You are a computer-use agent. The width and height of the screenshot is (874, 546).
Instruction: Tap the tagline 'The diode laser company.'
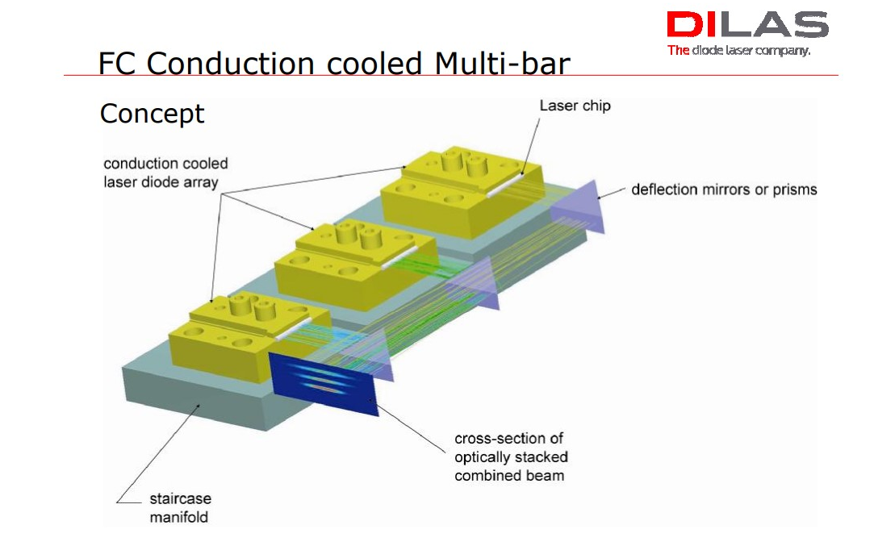(738, 51)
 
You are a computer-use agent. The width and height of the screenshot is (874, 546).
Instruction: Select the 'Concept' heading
(152, 114)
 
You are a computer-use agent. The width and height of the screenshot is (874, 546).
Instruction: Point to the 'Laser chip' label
(575, 106)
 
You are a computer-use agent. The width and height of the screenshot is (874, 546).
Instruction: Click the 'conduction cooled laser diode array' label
(165, 173)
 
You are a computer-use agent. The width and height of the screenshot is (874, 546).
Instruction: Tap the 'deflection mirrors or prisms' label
(724, 190)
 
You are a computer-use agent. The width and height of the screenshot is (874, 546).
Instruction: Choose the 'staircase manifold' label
(180, 507)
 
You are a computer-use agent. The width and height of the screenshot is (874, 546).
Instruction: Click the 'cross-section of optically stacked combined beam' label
(509, 456)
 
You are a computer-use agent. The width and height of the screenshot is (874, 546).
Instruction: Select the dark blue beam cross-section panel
(324, 385)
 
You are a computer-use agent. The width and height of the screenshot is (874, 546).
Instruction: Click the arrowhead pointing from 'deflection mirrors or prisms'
(600, 191)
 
